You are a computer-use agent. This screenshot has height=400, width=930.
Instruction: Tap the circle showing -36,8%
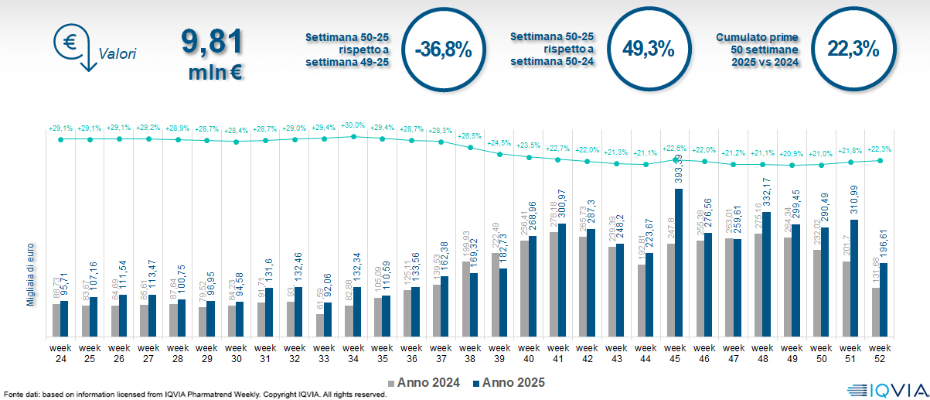pyautogui.click(x=443, y=49)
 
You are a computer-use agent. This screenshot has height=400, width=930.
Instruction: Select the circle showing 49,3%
pyautogui.click(x=649, y=49)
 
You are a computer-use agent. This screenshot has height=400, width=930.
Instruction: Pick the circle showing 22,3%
pyautogui.click(x=853, y=49)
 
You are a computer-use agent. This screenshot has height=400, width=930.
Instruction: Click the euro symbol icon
pyautogui.click(x=70, y=43)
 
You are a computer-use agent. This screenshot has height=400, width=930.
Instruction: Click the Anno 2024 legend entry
pyautogui.click(x=424, y=382)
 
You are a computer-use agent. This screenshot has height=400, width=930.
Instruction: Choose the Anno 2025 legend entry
pyautogui.click(x=508, y=382)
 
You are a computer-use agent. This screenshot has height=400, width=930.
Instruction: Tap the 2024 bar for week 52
pyautogui.click(x=876, y=313)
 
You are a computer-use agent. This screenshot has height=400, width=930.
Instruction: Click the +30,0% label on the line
pyautogui.click(x=353, y=125)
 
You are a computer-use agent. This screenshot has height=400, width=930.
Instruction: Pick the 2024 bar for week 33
pyautogui.click(x=321, y=325)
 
